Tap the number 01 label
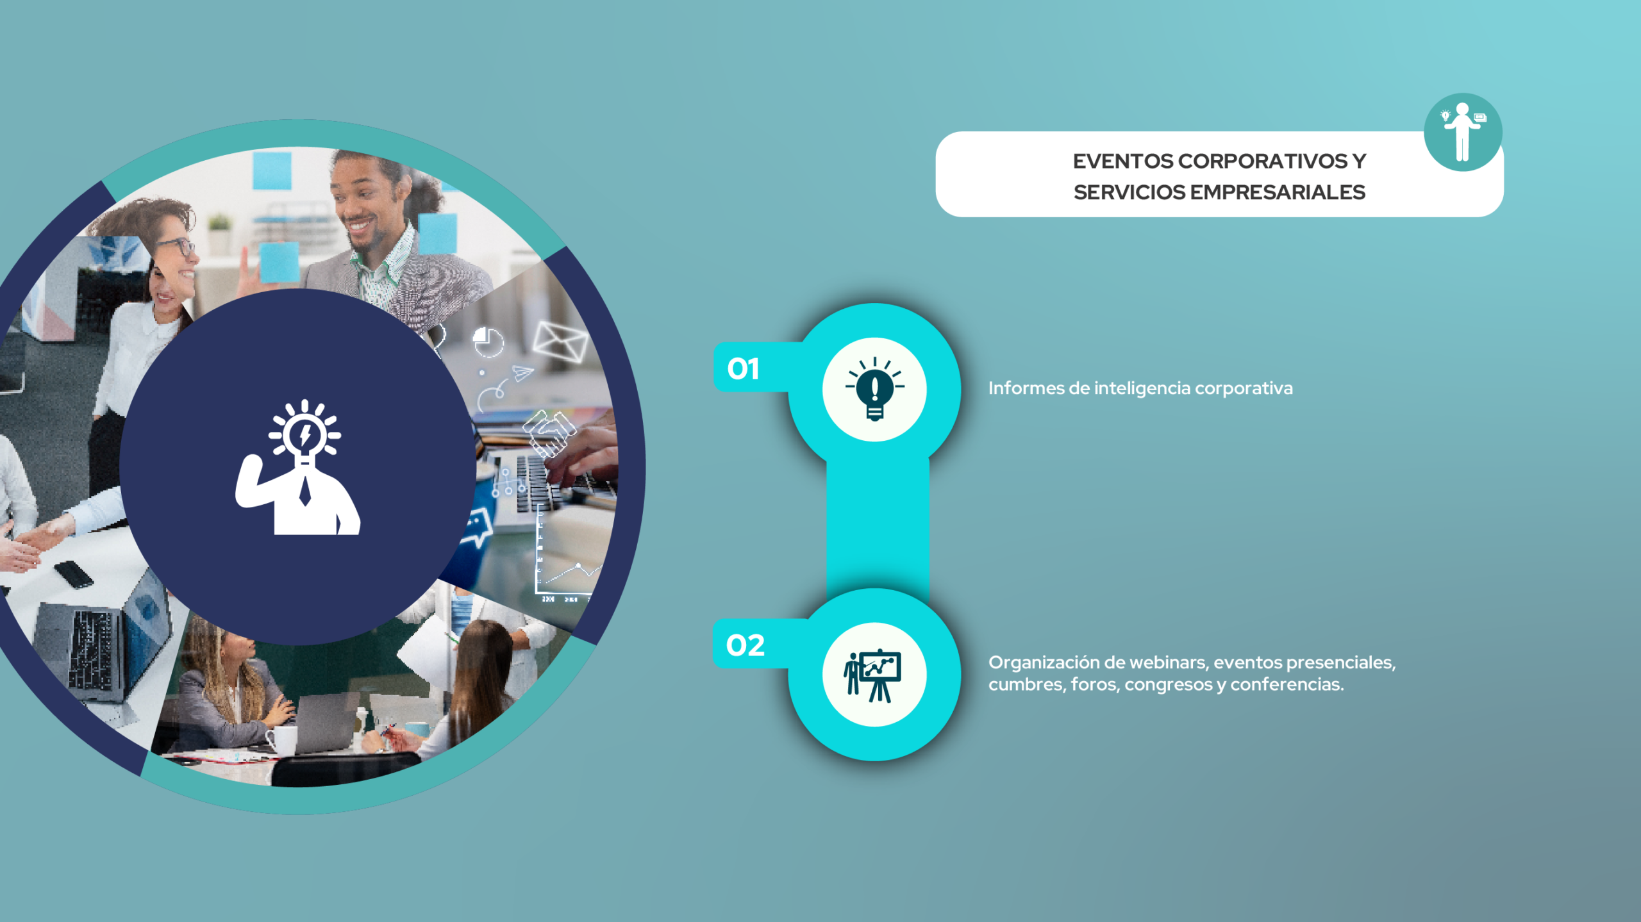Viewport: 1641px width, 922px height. point(743,369)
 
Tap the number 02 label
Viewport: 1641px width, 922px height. point(745,645)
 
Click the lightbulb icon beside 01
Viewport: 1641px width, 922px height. point(874,389)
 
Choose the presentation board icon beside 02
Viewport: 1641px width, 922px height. point(873,675)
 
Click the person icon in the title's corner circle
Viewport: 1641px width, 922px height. point(1462,131)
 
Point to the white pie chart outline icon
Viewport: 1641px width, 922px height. point(488,342)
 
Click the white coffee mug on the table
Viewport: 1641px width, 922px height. point(282,740)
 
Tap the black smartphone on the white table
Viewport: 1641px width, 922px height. point(74,574)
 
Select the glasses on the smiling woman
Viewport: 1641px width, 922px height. point(176,246)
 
